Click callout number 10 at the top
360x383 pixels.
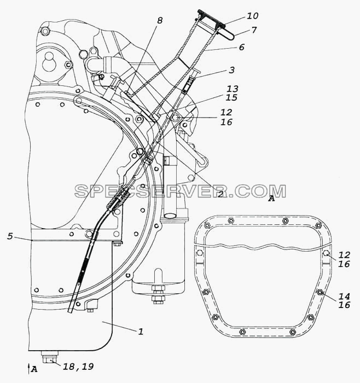tap(253, 16)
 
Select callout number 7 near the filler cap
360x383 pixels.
tap(254, 30)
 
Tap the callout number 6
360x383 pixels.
tap(241, 47)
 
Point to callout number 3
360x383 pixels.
tap(231, 70)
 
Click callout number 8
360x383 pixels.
tap(160, 21)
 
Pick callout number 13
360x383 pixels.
tap(233, 89)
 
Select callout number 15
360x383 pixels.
tap(231, 97)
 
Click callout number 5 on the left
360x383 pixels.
tap(10, 236)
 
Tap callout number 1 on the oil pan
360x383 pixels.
tap(141, 332)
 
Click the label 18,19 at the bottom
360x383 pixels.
tap(78, 367)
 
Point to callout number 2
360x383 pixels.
tap(220, 194)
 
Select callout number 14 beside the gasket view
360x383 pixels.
tap(344, 297)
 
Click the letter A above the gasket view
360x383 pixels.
tap(271, 199)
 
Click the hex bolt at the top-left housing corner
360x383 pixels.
tap(45, 31)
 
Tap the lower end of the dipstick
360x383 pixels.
tap(71, 311)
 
